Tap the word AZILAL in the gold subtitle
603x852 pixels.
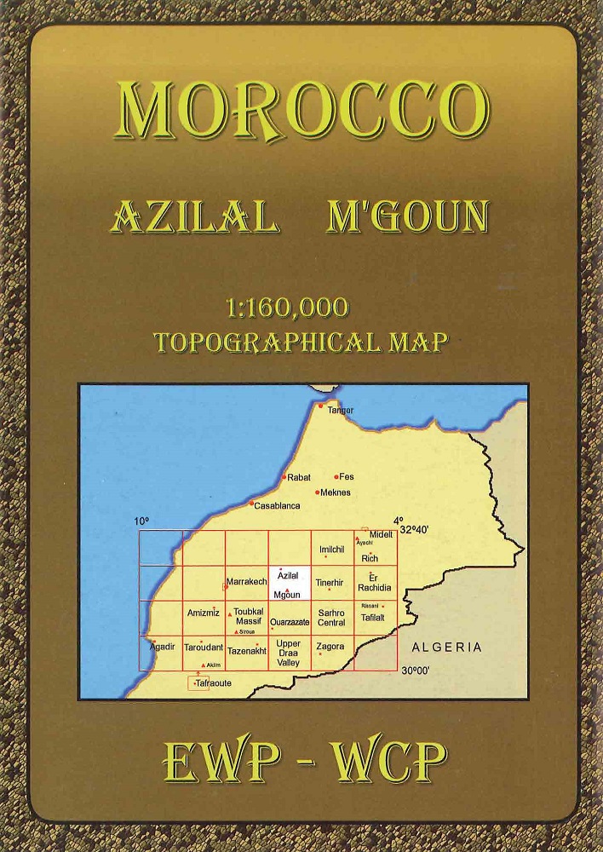tap(195, 219)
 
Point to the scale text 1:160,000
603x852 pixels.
tap(289, 308)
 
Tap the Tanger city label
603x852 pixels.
tap(340, 411)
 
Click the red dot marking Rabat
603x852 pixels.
tap(284, 477)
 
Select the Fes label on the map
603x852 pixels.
tap(347, 477)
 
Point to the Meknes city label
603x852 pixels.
tap(334, 492)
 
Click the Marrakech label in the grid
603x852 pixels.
tap(246, 581)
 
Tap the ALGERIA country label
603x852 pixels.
tap(446, 648)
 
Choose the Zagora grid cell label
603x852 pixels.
tap(330, 647)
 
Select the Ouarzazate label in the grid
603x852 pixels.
tap(289, 623)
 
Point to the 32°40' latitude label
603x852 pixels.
tap(415, 529)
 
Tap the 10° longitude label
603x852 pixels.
tap(141, 521)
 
